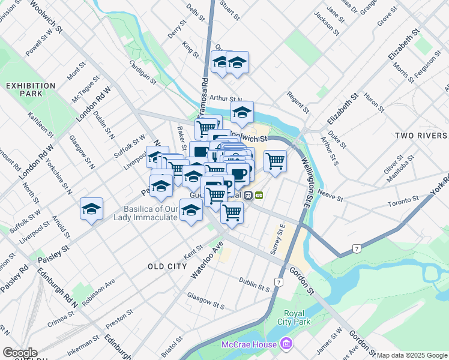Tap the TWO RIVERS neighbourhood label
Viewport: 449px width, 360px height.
click(x=421, y=136)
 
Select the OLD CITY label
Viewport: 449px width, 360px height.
click(x=167, y=266)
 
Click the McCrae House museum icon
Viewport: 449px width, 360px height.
click(x=286, y=344)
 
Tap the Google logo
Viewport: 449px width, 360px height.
click(x=20, y=353)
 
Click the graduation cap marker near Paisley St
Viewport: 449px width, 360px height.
click(x=91, y=209)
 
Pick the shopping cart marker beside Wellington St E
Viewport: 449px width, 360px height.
click(x=275, y=161)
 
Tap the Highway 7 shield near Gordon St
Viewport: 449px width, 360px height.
click(x=279, y=282)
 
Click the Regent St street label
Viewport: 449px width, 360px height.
click(x=298, y=103)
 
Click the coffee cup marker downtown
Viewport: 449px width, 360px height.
click(x=240, y=174)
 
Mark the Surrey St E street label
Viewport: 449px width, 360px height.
click(x=280, y=239)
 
